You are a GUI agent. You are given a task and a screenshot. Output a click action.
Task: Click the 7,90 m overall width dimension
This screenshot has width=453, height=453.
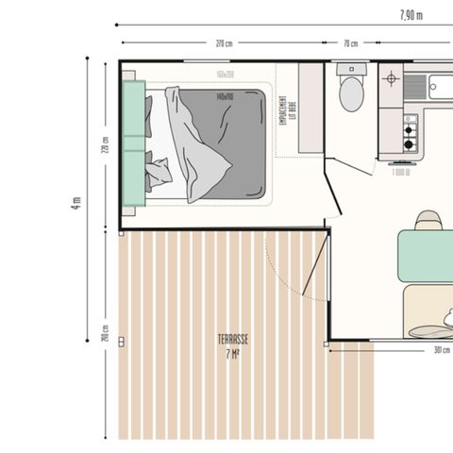[411, 14]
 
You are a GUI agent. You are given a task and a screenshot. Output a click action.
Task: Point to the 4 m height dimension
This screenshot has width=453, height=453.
[77, 202]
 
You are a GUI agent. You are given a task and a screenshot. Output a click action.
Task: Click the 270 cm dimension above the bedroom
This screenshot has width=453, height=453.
[224, 43]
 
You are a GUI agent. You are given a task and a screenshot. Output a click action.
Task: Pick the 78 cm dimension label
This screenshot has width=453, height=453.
[350, 43]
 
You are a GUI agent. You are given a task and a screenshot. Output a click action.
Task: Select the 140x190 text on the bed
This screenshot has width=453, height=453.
[224, 96]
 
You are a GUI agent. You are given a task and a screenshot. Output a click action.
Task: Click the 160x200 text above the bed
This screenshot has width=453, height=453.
[224, 75]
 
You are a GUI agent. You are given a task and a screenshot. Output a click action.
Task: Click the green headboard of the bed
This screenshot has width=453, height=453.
[133, 143]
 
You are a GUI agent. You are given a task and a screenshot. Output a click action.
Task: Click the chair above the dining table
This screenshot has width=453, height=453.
[428, 220]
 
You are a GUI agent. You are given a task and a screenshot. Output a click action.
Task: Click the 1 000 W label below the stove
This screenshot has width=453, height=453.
[400, 172]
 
